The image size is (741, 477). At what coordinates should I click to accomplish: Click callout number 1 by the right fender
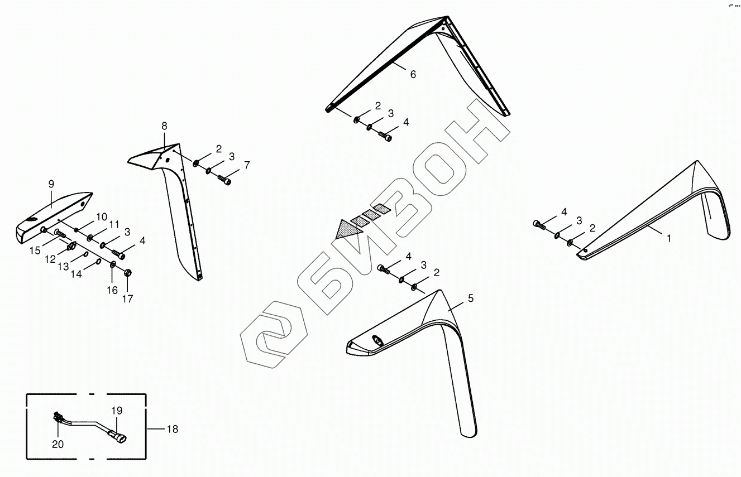click(669, 238)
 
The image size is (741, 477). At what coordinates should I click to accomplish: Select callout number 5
click(470, 299)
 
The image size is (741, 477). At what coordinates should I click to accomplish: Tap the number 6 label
click(413, 75)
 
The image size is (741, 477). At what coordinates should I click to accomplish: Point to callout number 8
click(164, 126)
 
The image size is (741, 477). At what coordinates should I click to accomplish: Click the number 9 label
click(51, 184)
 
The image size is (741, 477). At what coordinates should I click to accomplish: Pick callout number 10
click(101, 216)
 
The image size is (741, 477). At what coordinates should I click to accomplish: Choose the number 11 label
click(114, 225)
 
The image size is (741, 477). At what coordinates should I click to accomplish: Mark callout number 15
click(35, 251)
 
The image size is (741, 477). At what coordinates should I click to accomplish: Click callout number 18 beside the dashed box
click(172, 429)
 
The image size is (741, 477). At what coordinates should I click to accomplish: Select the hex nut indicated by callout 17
click(127, 273)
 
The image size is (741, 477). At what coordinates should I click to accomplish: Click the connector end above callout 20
click(56, 416)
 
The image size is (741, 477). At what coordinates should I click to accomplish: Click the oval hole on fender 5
click(376, 341)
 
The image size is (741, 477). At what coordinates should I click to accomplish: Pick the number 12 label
click(50, 259)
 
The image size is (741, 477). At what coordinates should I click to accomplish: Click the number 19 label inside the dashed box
click(116, 411)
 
